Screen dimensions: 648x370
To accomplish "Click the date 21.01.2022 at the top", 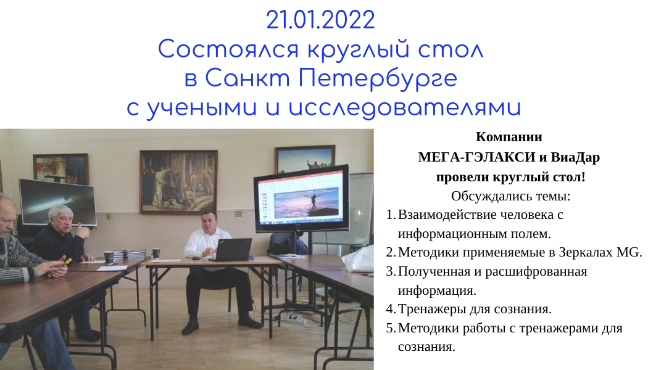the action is coord(321,20).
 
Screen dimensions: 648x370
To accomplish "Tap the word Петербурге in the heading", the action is coord(378,78).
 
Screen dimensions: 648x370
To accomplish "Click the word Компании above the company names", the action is coord(509,137).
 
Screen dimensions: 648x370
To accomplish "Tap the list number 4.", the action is coord(391,309).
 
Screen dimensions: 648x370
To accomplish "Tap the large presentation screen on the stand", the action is coord(302,199).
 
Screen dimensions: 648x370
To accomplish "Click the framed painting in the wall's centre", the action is coord(178,182).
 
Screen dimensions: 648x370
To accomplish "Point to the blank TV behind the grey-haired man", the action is coord(58,202).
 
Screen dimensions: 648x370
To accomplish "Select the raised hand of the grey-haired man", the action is coord(83,231).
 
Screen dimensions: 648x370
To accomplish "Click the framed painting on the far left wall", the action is coord(60,168).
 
